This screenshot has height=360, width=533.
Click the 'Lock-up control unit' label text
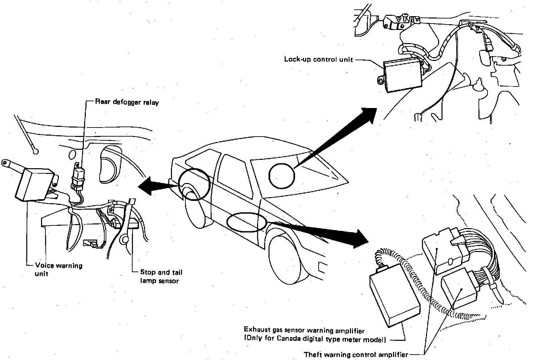click(318, 60)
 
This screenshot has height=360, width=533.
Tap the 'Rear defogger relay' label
click(127, 102)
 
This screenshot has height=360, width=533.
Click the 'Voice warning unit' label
click(59, 269)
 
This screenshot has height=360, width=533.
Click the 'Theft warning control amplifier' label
click(356, 354)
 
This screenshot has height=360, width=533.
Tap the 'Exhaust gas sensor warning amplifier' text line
click(304, 331)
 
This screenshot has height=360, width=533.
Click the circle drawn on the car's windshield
click(282, 175)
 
